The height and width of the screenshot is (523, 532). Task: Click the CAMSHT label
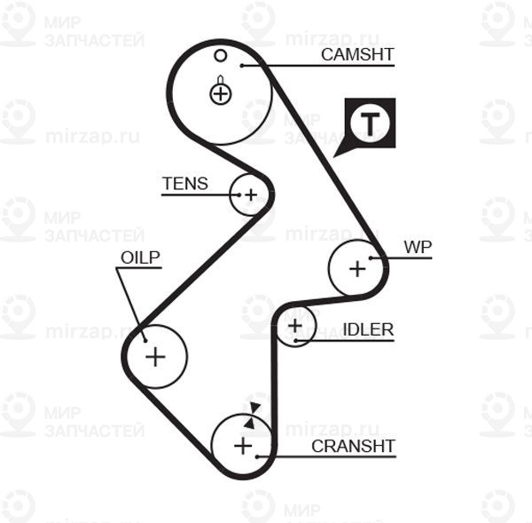[357, 54]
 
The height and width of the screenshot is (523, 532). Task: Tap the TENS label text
[184, 184]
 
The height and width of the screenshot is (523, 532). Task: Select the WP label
[417, 247]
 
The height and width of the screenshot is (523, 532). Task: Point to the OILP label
[140, 257]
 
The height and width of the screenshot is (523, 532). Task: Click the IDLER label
[368, 329]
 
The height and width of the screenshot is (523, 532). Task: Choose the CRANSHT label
[353, 445]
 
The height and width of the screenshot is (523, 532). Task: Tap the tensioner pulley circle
[249, 194]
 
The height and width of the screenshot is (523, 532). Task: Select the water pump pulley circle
[357, 267]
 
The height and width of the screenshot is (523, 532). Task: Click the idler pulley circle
[295, 327]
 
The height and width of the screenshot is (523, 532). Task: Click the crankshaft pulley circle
[242, 445]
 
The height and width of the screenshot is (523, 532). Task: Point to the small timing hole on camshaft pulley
[221, 56]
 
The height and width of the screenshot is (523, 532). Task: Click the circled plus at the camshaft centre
[221, 92]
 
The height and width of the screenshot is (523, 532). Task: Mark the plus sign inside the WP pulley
[357, 267]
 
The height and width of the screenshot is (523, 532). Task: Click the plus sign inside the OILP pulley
[155, 357]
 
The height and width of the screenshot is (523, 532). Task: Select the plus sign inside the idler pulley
[295, 327]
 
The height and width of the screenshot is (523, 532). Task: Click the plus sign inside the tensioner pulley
[250, 194]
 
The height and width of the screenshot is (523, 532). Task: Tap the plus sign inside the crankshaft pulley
[242, 445]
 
